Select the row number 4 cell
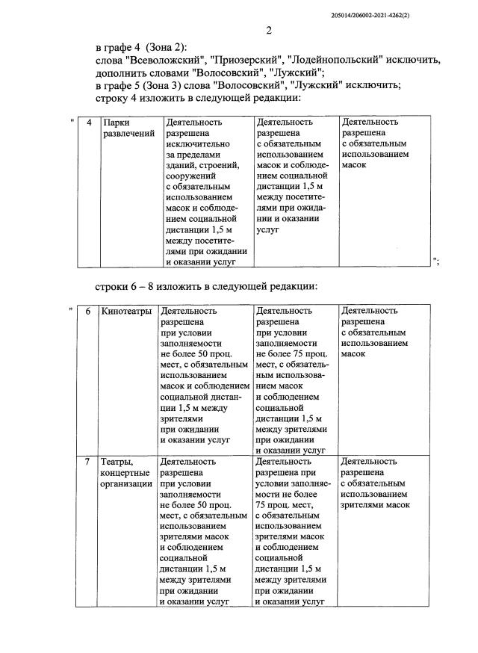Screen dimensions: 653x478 [89, 122]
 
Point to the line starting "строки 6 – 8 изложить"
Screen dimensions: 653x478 [206, 285]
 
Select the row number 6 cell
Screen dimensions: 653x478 [89, 311]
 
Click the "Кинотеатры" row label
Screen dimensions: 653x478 [126, 311]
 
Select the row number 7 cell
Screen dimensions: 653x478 [89, 462]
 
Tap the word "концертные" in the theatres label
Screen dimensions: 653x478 [125, 474]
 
